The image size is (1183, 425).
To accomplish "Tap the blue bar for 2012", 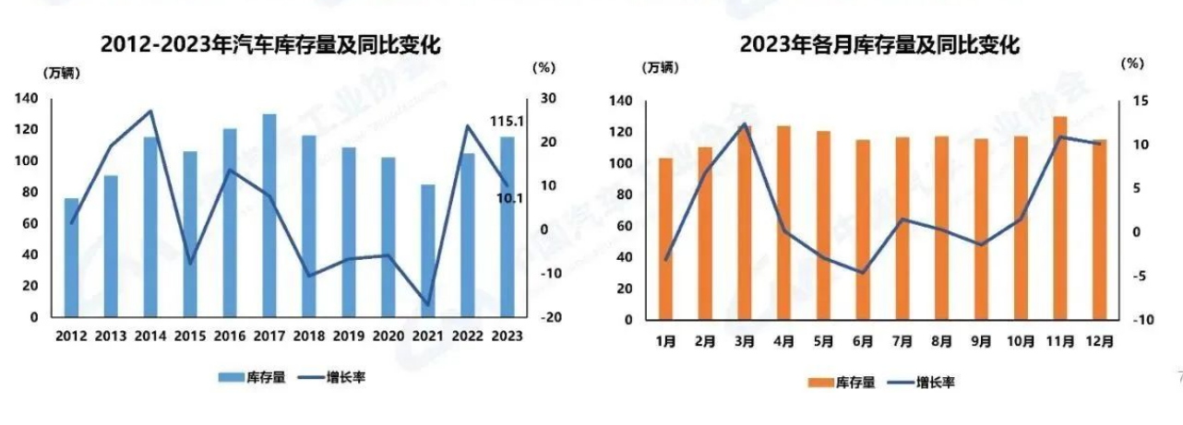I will click(71, 257).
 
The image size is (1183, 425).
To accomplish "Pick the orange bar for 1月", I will click(665, 239).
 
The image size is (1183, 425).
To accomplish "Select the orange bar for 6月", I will click(863, 230).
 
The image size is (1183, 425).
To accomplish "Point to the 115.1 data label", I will click(506, 121).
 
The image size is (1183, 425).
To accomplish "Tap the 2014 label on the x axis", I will click(150, 336).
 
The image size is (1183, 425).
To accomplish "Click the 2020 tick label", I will click(388, 336).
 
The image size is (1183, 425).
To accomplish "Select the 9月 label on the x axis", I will click(981, 341).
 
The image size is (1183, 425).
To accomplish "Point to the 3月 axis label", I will click(745, 341).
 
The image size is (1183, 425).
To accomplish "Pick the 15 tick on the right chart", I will click(1131, 101).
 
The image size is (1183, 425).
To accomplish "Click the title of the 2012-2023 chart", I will click(270, 44).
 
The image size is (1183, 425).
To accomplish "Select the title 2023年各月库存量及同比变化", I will click(878, 44).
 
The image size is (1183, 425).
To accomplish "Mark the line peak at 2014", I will click(150, 111).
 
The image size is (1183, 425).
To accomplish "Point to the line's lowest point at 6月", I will click(863, 273).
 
